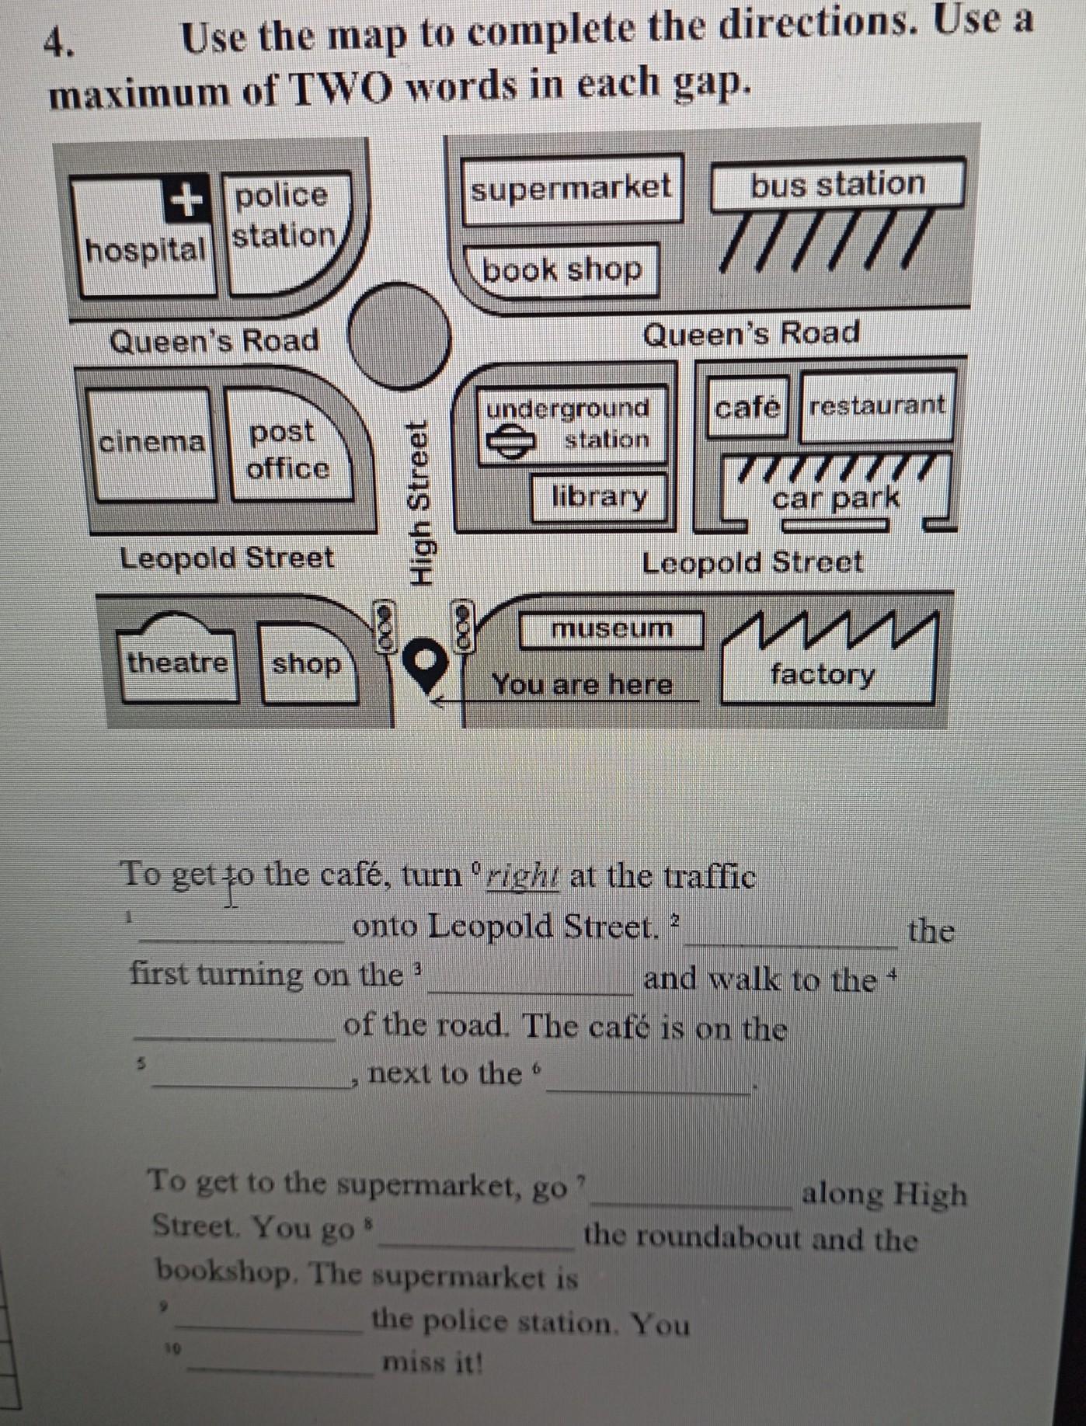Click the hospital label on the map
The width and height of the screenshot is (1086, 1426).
click(x=146, y=250)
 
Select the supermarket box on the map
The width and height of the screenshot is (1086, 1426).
click(x=571, y=188)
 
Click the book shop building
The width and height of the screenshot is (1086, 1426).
click(x=562, y=270)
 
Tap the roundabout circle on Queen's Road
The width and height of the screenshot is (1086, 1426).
click(x=399, y=336)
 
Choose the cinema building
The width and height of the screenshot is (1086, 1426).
click(x=151, y=442)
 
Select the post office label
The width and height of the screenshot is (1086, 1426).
click(x=287, y=450)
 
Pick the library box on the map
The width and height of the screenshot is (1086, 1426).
click(x=599, y=496)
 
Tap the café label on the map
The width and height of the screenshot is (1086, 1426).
click(x=747, y=406)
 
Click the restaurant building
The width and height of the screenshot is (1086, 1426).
click(x=877, y=405)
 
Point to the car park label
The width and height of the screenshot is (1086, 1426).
click(x=836, y=497)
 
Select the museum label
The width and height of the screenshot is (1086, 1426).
click(x=611, y=628)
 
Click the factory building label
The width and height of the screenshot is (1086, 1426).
click(x=823, y=673)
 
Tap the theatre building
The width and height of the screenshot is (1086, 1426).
click(x=178, y=662)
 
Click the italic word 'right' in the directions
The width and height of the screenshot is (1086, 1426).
click(x=522, y=875)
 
